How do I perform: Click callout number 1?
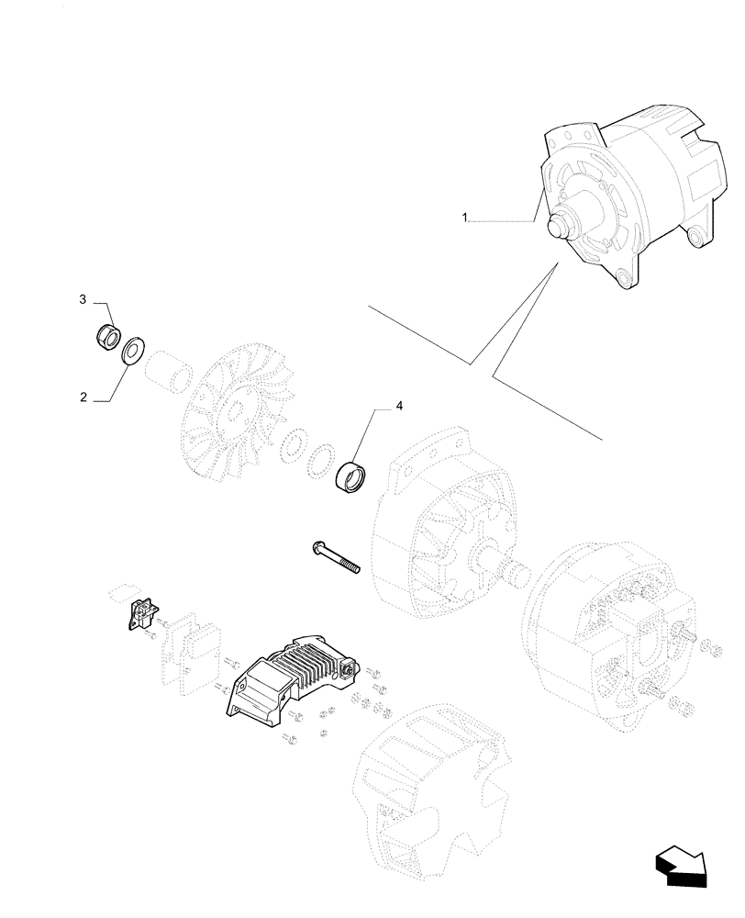465,218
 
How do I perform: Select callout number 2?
83,397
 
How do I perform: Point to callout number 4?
398,405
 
